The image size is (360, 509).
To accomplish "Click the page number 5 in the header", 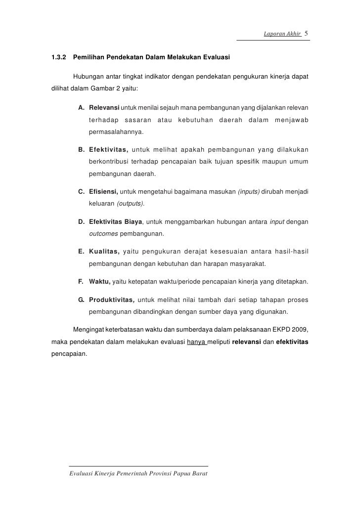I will (x=307, y=34).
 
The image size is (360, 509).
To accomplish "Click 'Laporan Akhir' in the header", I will (x=278, y=34).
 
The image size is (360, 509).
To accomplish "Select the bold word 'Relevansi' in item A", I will (x=104, y=108).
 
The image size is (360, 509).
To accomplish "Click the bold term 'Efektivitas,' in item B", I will (x=109, y=150).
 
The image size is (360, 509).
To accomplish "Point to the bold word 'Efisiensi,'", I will (x=103, y=191).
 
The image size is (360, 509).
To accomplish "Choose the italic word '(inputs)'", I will (x=249, y=191).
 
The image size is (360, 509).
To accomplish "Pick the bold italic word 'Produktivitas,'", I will (x=111, y=299).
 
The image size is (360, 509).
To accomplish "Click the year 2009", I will (x=300, y=330).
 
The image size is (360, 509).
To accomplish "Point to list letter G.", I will (x=81, y=299).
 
